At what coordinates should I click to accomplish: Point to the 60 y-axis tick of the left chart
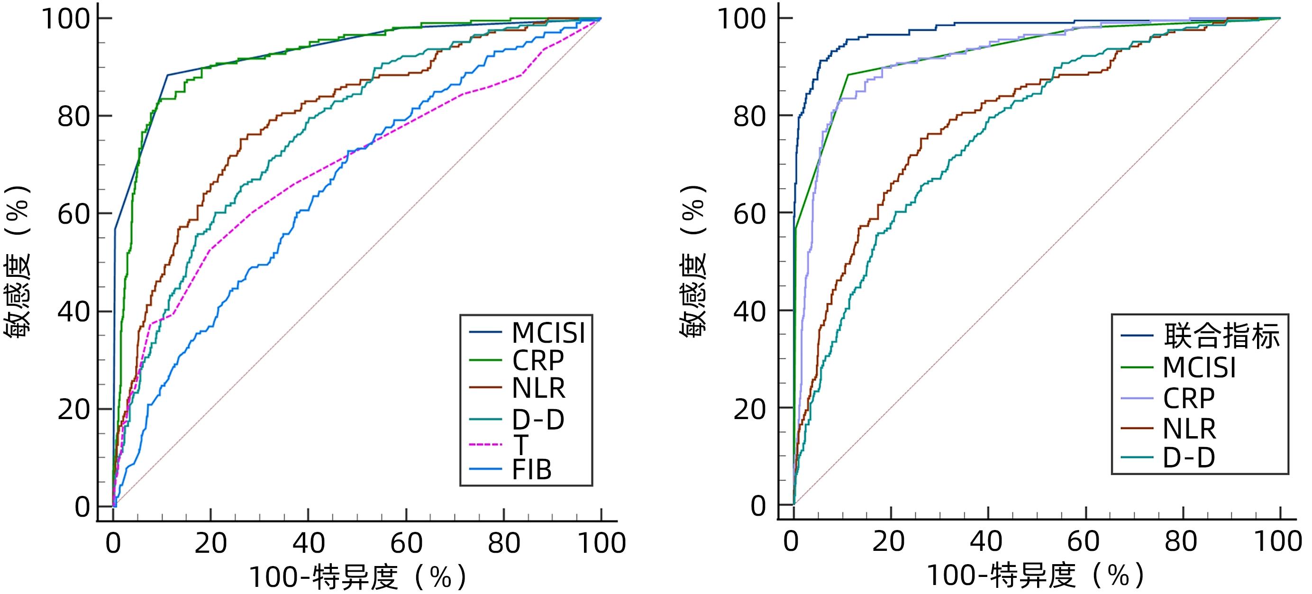(x=74, y=214)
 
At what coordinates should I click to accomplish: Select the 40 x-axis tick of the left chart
(x=308, y=543)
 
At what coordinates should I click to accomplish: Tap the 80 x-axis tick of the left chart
(x=504, y=543)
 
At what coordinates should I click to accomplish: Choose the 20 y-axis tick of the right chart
(x=749, y=409)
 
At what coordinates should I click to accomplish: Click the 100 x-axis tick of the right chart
(x=1277, y=541)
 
